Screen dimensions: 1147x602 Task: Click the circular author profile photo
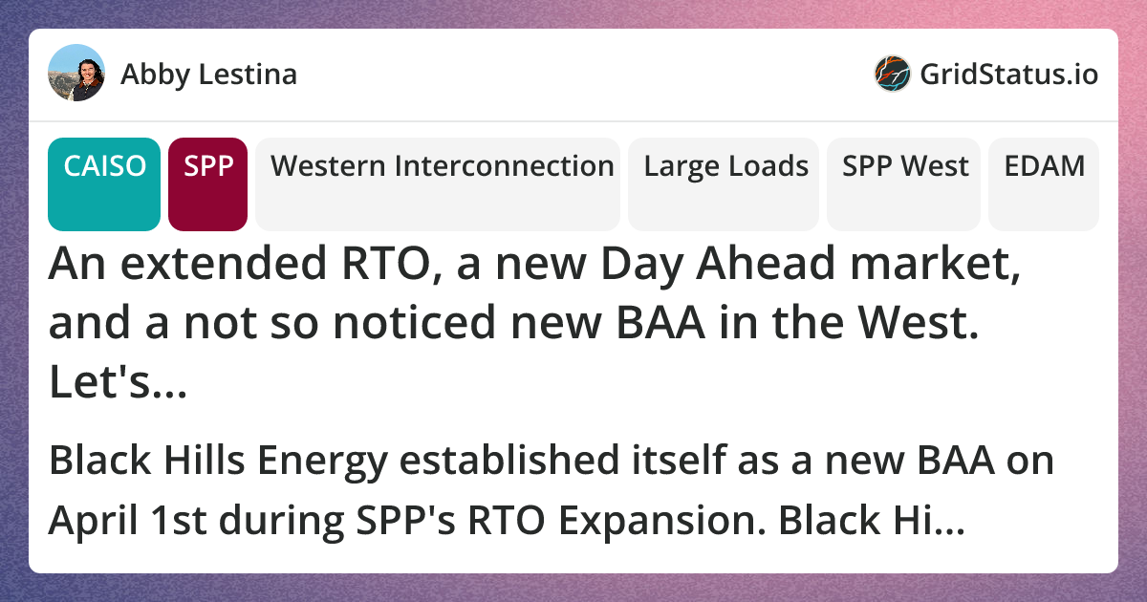point(76,73)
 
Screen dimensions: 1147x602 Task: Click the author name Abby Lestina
point(209,75)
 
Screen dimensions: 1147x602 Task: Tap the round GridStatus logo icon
point(892,74)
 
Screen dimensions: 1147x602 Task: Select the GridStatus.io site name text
point(1008,75)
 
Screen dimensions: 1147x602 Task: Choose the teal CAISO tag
point(104,184)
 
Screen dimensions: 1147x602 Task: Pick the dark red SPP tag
point(208,184)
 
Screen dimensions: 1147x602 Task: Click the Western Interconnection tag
point(438,184)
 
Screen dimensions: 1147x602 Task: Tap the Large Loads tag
point(724,184)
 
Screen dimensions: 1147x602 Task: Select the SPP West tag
point(904,184)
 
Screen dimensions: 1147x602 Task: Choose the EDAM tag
point(1044,184)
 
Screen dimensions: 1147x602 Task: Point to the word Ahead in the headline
point(766,263)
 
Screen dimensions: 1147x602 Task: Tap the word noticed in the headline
point(414,323)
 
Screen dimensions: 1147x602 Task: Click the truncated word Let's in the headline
point(118,382)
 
